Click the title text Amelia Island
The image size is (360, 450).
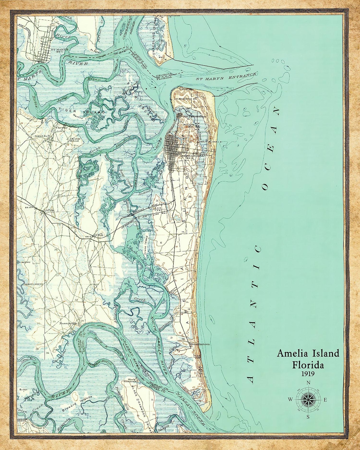click(x=308, y=353)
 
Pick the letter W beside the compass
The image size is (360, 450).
click(x=290, y=399)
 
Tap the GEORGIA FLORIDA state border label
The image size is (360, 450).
click(x=164, y=75)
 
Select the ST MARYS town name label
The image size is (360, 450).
click(x=60, y=49)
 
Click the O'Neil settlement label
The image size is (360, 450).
click(x=99, y=236)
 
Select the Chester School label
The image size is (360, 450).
click(x=74, y=140)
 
